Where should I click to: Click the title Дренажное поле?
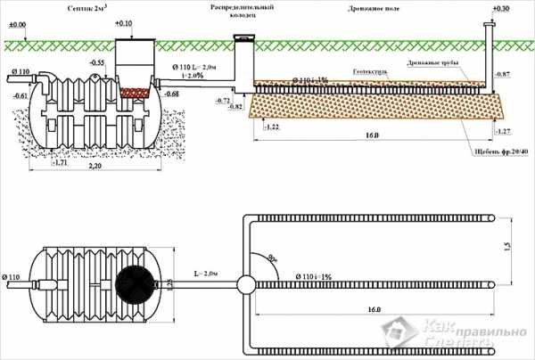click(374, 8)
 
